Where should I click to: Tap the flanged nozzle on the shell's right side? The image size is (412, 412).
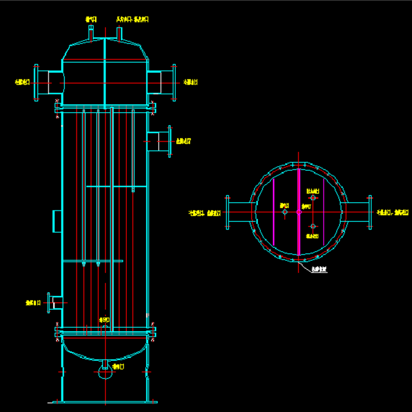point(160,141)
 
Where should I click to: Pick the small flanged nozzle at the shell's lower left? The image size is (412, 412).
point(54,302)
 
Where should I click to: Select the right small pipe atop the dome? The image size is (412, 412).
point(120,32)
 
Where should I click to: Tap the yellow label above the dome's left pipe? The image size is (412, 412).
point(91,19)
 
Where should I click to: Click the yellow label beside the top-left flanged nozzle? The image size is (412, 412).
point(21,82)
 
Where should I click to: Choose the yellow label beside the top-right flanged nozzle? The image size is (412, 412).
point(190,82)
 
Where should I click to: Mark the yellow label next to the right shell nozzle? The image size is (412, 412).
point(183,141)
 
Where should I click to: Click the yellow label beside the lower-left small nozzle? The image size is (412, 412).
point(34,302)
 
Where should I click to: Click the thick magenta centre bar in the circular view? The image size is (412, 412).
point(298,212)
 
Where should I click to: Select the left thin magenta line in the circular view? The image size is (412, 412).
point(273,212)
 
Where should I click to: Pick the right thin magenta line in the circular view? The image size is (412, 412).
point(324,212)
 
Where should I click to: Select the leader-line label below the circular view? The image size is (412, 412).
point(319,270)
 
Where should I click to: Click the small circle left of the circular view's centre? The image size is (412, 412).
point(285,213)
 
